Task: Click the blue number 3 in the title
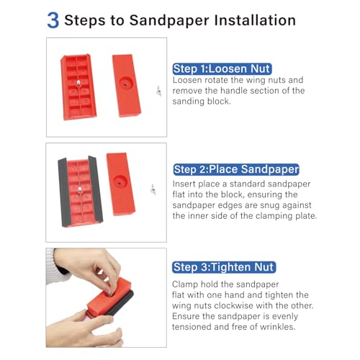tap(53, 20)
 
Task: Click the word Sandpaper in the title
tap(169, 21)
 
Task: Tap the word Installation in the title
tap(255, 20)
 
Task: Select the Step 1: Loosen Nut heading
tap(222, 69)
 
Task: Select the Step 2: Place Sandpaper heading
tap(236, 169)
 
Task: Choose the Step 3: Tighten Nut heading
tap(224, 267)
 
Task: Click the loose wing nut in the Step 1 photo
tap(158, 91)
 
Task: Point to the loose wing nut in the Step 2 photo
tap(153, 189)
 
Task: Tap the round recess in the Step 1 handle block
tap(126, 84)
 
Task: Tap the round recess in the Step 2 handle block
tap(120, 182)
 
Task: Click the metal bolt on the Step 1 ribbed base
tap(78, 83)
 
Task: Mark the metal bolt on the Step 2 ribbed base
tap(79, 189)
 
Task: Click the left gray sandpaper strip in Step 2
tap(63, 192)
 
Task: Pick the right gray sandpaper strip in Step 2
tap(96, 189)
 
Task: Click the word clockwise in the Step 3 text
tap(233, 305)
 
